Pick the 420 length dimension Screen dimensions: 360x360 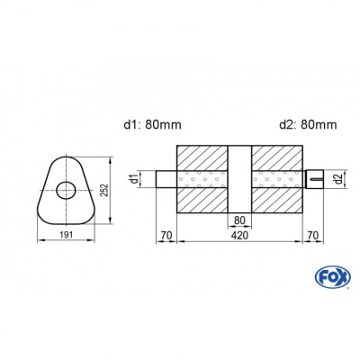tap(239, 237)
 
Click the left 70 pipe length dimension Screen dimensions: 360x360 tap(166, 237)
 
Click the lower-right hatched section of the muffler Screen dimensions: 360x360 tap(276, 200)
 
